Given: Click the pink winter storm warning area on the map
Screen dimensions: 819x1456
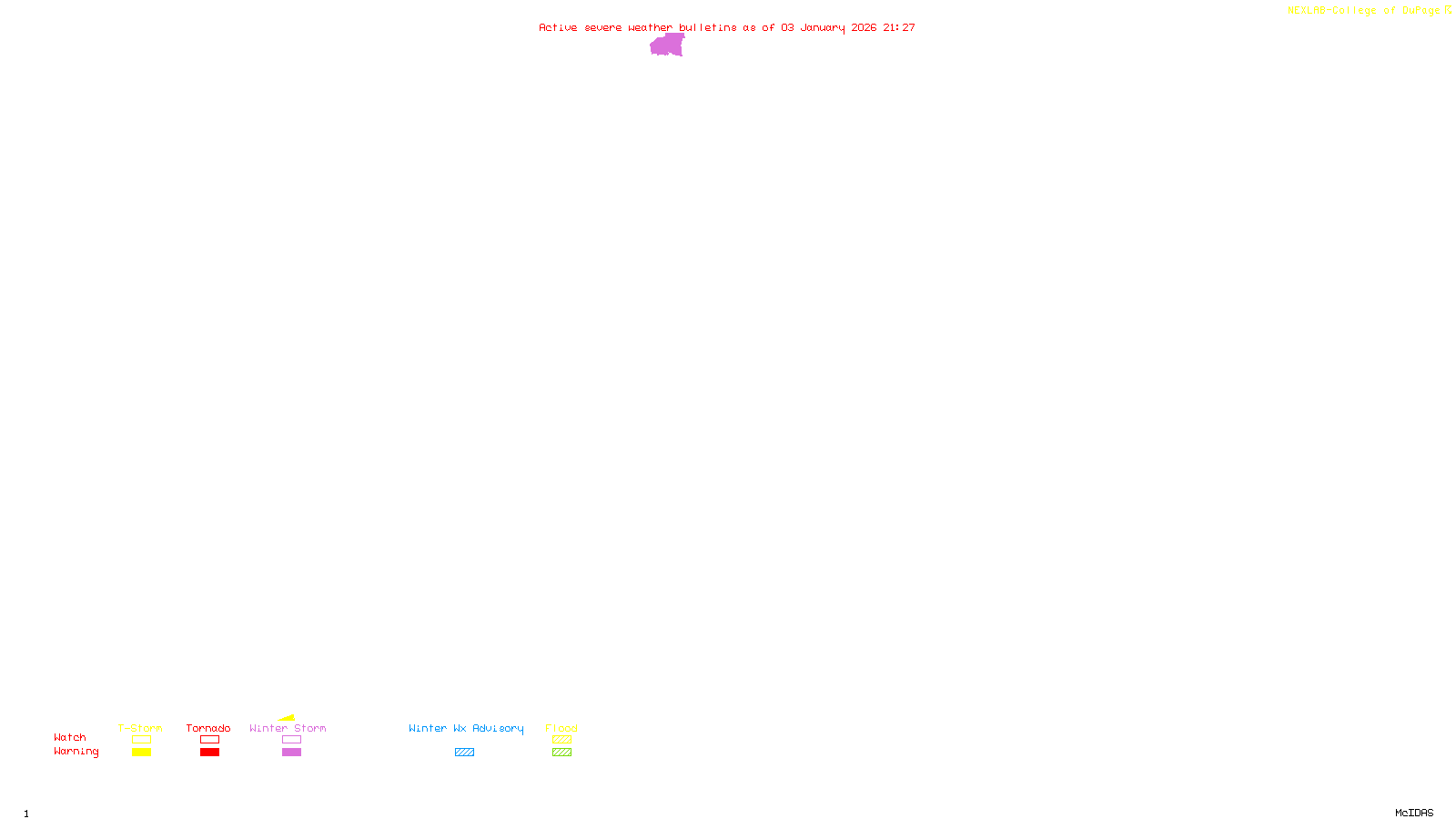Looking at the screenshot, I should tap(667, 45).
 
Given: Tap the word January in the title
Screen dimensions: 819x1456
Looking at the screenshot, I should tap(822, 27).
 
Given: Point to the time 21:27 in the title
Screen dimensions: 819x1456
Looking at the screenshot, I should tap(899, 27).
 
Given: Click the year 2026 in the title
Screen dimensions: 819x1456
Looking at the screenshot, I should tap(864, 27).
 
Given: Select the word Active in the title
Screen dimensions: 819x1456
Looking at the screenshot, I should tap(557, 27).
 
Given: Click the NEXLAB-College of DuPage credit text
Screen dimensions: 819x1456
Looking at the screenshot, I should tap(1363, 10).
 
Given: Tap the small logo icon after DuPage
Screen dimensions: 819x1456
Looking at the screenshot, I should tap(1448, 10).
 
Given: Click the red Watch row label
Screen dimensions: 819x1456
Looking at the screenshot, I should tap(70, 737).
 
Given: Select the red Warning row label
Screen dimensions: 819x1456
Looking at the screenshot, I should tap(76, 752).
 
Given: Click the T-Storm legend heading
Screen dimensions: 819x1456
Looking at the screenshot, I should tap(140, 728).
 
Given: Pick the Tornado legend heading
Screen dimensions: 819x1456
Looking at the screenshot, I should tap(208, 728).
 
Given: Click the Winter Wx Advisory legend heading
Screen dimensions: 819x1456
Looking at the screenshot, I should tap(466, 728).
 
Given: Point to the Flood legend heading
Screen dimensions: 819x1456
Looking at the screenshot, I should tap(561, 728).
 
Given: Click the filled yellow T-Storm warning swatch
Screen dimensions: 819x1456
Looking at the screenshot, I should tap(141, 753).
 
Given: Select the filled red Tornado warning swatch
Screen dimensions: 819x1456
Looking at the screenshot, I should tap(209, 753).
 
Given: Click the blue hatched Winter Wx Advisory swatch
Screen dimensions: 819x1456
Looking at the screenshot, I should tap(464, 753).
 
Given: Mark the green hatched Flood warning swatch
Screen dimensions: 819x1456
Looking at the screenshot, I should tap(561, 753).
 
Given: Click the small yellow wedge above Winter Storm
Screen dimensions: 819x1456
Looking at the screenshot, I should tap(288, 718).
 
